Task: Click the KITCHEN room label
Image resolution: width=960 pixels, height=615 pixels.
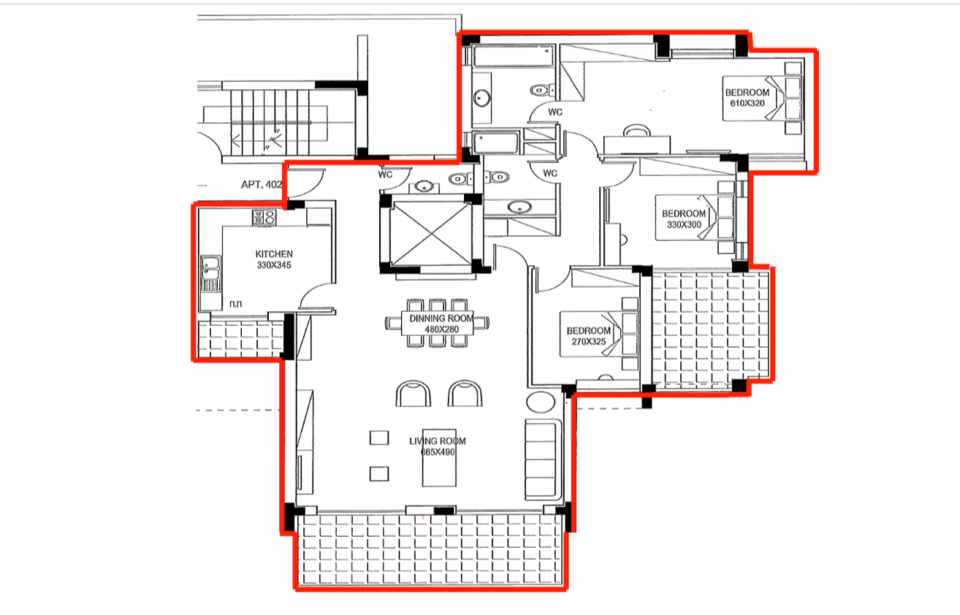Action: [274, 254]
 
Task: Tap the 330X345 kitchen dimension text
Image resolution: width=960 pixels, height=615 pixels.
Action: [274, 265]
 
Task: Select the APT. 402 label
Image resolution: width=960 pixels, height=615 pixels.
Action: [262, 185]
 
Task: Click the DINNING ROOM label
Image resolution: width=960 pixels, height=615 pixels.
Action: [441, 318]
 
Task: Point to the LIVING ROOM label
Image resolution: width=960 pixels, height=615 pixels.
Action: [438, 441]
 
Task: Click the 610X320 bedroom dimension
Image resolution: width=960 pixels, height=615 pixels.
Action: [747, 103]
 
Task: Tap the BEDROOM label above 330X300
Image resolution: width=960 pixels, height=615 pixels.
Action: [684, 213]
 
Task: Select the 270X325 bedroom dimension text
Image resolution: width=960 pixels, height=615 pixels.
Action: [589, 342]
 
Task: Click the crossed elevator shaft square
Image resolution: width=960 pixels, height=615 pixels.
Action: [432, 234]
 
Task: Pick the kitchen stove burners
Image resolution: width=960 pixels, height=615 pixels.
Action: [264, 217]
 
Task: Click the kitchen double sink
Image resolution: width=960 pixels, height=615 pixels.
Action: [211, 273]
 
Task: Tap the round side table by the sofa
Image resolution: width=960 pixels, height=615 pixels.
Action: [541, 402]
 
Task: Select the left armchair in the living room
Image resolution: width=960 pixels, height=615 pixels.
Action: [413, 394]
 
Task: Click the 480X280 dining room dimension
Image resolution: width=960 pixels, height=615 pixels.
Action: [441, 329]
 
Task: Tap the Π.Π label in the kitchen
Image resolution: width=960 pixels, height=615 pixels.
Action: [236, 304]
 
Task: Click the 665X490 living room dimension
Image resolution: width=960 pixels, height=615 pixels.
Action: [438, 452]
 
